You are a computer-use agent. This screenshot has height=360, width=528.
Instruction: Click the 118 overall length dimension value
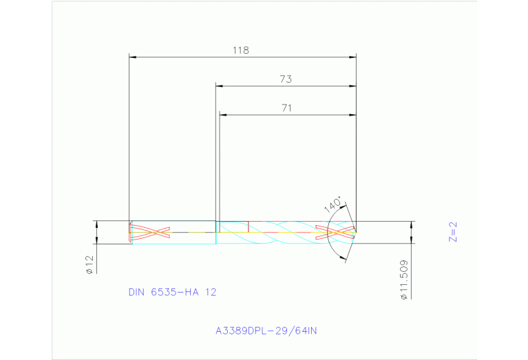(240, 50)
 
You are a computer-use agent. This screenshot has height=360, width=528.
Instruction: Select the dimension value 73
(286, 79)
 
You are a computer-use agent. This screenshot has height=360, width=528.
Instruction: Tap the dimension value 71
(287, 107)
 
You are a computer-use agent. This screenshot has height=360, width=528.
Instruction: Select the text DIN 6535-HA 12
(172, 292)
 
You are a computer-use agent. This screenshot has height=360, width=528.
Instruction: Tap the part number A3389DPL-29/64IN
(266, 330)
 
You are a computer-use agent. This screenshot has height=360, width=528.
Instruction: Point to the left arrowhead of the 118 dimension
(134, 57)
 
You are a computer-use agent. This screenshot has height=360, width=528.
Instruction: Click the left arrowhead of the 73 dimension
(220, 86)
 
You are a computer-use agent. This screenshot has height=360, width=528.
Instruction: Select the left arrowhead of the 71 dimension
(223, 114)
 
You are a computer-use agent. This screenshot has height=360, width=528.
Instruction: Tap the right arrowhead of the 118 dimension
(352, 57)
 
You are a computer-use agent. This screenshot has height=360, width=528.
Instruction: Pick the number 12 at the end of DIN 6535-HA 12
(211, 292)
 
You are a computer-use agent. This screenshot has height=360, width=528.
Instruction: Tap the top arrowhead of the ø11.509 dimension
(412, 224)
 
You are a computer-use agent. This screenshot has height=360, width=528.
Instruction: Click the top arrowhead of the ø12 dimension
(96, 224)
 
